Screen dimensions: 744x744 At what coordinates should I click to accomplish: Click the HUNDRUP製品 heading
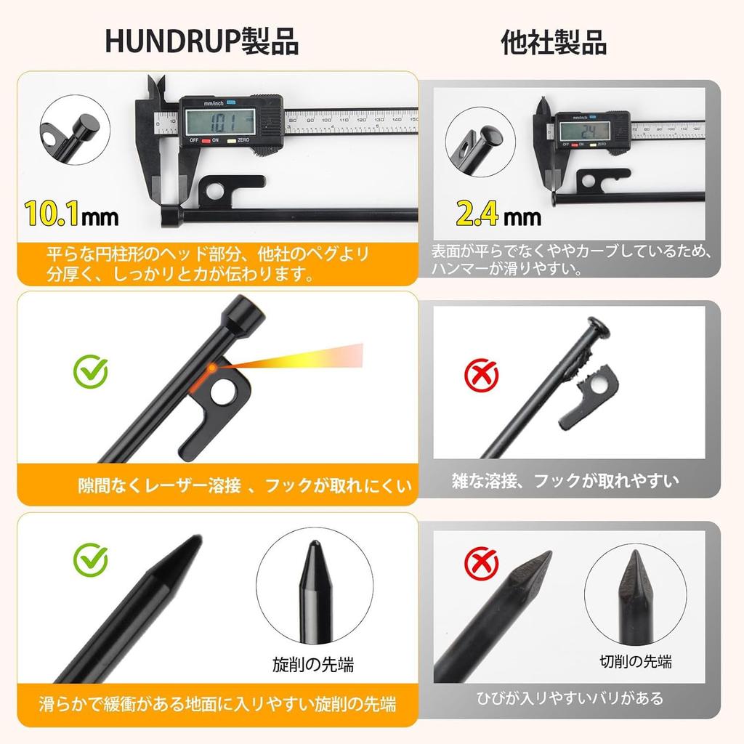pyautogui.click(x=202, y=41)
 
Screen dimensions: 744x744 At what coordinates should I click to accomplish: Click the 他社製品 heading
pyautogui.click(x=554, y=42)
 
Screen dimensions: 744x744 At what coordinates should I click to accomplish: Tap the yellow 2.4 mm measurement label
pyautogui.click(x=498, y=213)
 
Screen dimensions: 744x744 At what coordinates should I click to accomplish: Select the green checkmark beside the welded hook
pyautogui.click(x=91, y=371)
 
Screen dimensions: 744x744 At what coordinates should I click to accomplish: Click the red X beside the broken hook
pyautogui.click(x=481, y=376)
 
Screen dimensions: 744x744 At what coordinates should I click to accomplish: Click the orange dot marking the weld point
pyautogui.click(x=211, y=368)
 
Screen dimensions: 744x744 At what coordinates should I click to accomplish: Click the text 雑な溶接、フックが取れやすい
pyautogui.click(x=565, y=480)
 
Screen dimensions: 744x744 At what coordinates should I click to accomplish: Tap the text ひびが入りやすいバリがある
pyautogui.click(x=570, y=698)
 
